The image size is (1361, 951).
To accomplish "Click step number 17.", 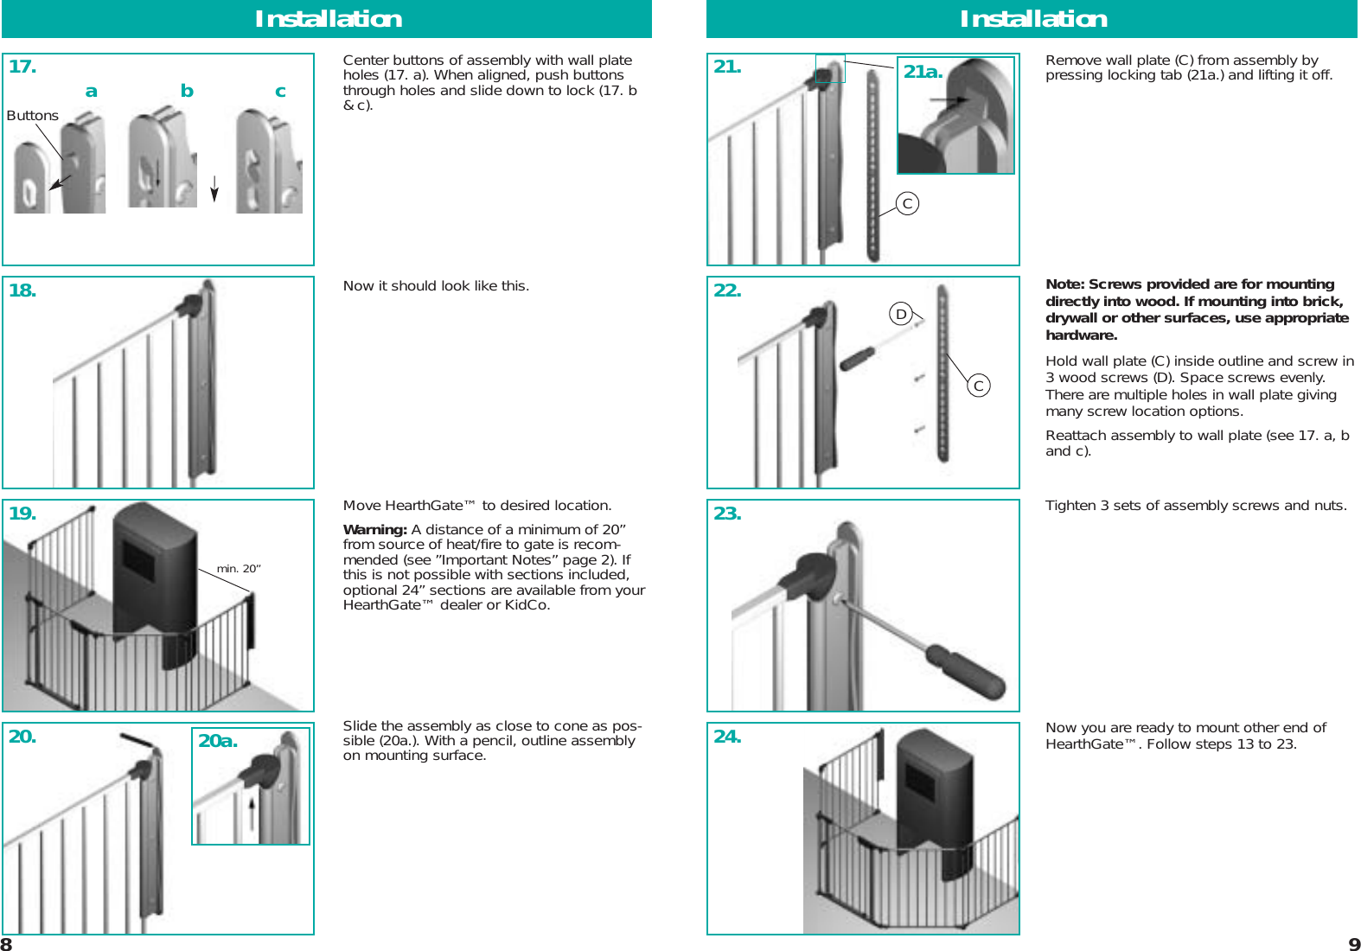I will [22, 67].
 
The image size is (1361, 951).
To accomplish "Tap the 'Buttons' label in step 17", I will [32, 116].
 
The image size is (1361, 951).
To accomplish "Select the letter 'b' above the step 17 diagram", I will [187, 91].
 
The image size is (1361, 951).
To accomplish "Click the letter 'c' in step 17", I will [280, 91].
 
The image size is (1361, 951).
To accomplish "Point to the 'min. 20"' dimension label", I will [239, 568].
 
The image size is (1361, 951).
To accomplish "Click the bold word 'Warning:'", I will [374, 529].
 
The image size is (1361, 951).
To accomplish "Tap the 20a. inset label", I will [218, 741].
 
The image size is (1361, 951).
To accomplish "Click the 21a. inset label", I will [923, 72].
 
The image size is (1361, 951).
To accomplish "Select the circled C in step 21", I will [907, 203].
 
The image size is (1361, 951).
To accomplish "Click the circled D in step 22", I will [901, 314].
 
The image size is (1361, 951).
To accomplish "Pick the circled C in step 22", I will [978, 386].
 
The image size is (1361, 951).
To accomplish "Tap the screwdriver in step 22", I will [858, 357].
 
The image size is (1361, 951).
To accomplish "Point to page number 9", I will [1354, 944].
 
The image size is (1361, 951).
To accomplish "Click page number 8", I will [7, 944].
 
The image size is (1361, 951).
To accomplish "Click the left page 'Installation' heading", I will [328, 19].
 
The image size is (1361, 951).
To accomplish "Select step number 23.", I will [727, 514].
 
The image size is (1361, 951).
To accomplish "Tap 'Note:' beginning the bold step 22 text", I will [1064, 284].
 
